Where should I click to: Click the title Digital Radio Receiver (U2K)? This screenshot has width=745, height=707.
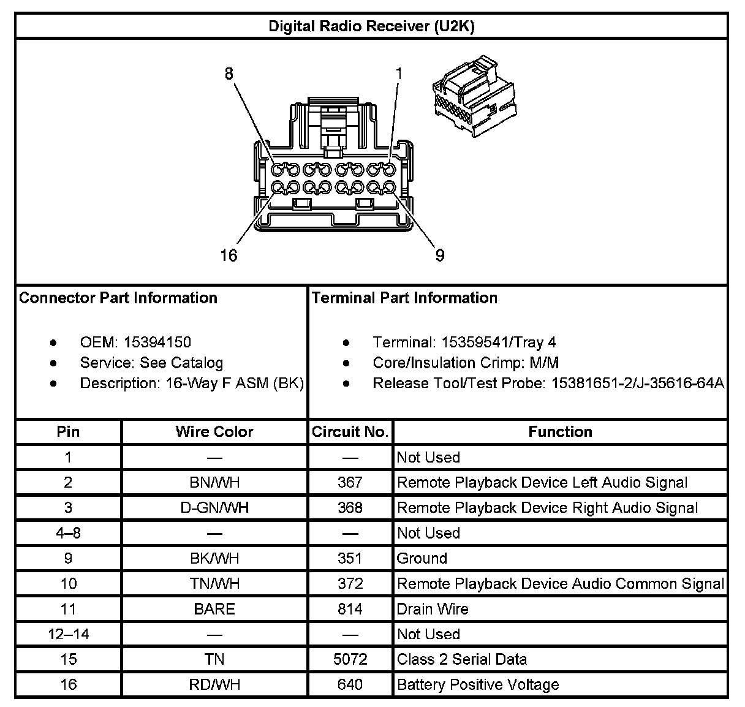[x=371, y=26]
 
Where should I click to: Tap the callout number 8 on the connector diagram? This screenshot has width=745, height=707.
[x=229, y=74]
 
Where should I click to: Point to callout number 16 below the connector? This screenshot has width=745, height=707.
[x=229, y=255]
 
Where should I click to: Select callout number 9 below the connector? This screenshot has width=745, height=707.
[x=440, y=255]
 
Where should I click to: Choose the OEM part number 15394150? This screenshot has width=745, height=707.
[x=157, y=342]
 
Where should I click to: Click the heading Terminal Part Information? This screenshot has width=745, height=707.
[x=404, y=298]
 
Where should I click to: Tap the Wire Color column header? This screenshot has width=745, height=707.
[x=214, y=432]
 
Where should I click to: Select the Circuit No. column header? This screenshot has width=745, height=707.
[x=350, y=432]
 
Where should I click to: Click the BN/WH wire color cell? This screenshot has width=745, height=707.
[x=214, y=483]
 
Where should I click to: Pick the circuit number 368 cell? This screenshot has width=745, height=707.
[x=350, y=508]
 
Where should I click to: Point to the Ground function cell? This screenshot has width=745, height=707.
[x=422, y=559]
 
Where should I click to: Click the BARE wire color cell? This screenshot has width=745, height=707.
[x=214, y=609]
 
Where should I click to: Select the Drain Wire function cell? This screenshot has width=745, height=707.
[x=433, y=609]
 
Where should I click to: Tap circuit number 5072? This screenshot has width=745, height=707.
[x=350, y=660]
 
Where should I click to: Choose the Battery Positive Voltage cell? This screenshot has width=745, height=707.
[x=478, y=685]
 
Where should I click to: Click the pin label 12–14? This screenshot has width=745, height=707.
[x=68, y=635]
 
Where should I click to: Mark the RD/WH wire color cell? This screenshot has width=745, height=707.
[x=214, y=685]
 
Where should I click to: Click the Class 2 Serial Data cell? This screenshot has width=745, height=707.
[x=462, y=660]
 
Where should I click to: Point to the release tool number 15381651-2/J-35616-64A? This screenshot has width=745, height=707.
[x=638, y=384]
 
